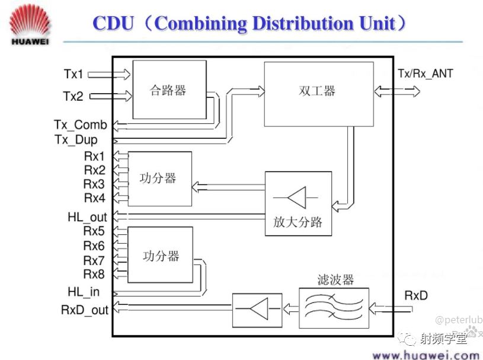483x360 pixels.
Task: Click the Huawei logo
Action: (30, 25)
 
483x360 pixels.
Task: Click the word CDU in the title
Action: (113, 23)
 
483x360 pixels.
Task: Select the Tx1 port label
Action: (73, 74)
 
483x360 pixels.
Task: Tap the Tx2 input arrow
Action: (111, 96)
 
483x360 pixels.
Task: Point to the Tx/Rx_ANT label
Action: (426, 74)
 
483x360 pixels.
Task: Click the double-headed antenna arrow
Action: (397, 91)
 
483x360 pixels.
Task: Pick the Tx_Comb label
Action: (81, 125)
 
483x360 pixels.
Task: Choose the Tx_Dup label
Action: (76, 139)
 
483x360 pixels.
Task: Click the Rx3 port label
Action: (94, 184)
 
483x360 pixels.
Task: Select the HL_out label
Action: (87, 217)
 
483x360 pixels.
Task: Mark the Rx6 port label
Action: (94, 246)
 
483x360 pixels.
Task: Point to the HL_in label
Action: (84, 292)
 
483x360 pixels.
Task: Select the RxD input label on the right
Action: (416, 295)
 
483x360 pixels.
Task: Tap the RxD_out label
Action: (85, 310)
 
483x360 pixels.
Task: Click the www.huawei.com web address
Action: (426, 355)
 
